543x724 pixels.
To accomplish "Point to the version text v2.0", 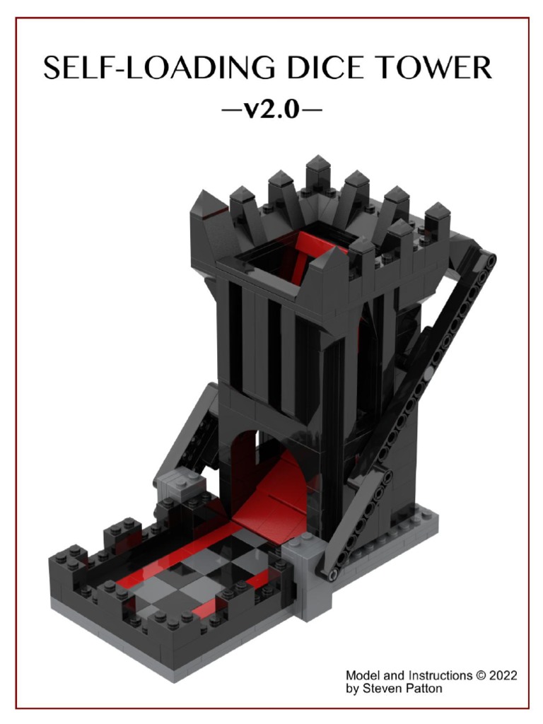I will point(271,110).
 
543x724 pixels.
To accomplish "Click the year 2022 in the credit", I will point(502,675).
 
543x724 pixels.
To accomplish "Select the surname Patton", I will point(421,688).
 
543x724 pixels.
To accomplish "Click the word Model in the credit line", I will point(362,675).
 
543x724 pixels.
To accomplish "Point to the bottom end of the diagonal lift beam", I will point(327,571).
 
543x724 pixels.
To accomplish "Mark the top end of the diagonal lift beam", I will point(487,259).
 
